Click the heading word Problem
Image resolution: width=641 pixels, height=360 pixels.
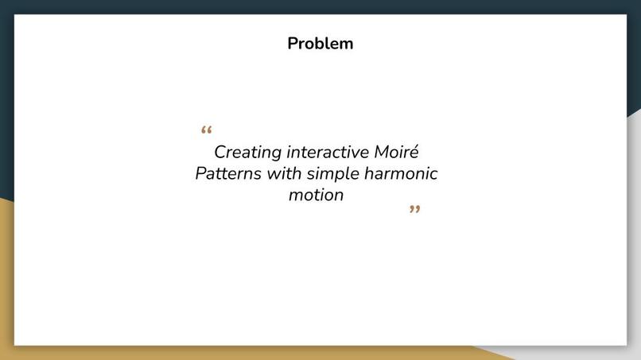coord(320,44)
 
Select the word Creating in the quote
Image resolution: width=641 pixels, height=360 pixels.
coord(248,153)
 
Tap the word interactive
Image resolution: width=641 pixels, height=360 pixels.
coord(328,152)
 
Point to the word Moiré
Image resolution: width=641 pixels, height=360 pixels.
coord(396,151)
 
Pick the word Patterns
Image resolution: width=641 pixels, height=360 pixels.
coord(228,173)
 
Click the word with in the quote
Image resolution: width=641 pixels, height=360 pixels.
coord(284,173)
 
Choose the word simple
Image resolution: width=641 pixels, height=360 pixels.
coord(332,174)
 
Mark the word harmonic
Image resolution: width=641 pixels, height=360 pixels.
coord(401,173)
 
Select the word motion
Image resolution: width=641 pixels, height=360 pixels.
coord(316,195)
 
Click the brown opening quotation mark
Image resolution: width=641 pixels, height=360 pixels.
coord(207,130)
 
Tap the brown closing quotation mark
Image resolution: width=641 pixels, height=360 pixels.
coord(415,209)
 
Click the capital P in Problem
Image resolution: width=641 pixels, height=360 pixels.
coord(293,44)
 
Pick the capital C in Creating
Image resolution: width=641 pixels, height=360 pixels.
coord(220,152)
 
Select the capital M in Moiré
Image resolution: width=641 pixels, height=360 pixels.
coord(382,152)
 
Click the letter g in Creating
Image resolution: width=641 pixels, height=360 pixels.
coord(276,155)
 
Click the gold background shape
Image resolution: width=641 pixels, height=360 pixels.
coord(7,286)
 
